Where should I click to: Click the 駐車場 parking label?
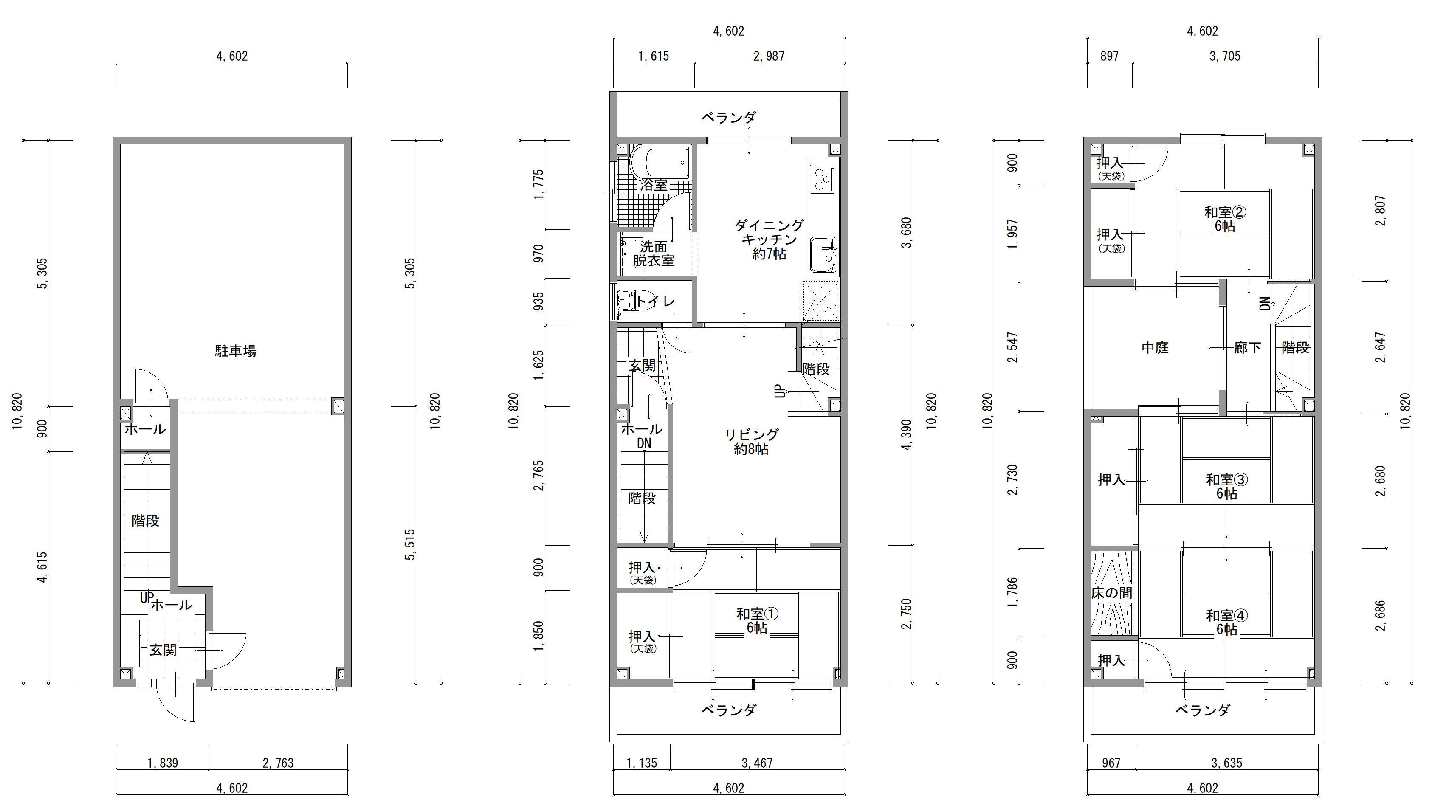point(236,351)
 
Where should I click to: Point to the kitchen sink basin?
point(824,255)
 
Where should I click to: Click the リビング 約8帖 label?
point(752,442)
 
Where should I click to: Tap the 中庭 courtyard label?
point(1155,348)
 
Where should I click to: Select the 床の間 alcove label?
point(1112,593)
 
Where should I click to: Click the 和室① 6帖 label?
point(757,620)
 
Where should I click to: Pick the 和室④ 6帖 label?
point(1227,623)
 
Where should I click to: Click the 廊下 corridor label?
point(1247,348)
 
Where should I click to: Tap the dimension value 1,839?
point(163,763)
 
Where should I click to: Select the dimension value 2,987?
point(769,56)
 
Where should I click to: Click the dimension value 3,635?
point(1227,763)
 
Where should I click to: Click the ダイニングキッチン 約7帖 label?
point(770,239)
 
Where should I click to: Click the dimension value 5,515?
point(410,545)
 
